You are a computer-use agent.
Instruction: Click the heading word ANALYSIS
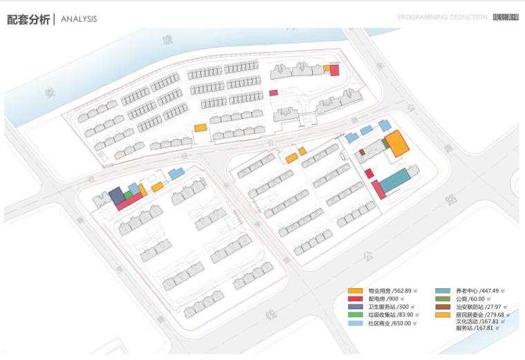coord(79,19)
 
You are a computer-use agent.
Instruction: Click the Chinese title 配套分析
coord(28,19)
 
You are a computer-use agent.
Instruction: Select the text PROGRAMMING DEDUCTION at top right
coord(442,17)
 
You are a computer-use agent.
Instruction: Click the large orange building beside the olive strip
coord(397,144)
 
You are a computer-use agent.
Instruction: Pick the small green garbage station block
coord(128,195)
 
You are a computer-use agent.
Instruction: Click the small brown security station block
coord(361,151)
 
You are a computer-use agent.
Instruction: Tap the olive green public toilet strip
coord(384,144)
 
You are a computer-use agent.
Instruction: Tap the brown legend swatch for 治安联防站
coord(443,307)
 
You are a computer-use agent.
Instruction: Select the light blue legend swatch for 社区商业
coord(355,323)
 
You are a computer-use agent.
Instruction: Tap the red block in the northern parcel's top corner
coord(334,70)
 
